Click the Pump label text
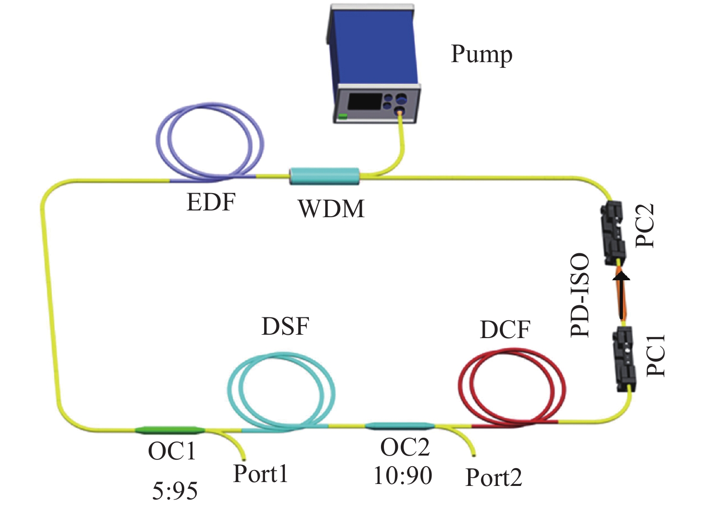[x=481, y=54]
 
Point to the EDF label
[x=211, y=202]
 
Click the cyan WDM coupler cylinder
[x=324, y=176]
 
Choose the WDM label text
[x=331, y=209]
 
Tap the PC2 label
[x=645, y=225]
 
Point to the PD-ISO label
[x=580, y=295]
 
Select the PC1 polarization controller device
[x=624, y=359]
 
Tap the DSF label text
[x=285, y=327]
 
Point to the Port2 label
[x=494, y=478]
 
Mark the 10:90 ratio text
[x=403, y=475]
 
